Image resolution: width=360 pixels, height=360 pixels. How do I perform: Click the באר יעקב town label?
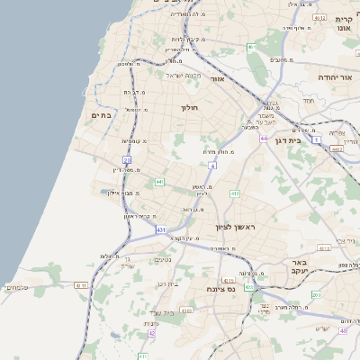[299, 267]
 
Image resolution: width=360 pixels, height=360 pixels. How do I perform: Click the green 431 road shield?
[161, 230]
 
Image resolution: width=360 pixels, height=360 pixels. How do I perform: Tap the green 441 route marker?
[159, 182]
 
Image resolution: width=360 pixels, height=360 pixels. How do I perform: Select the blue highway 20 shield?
[128, 161]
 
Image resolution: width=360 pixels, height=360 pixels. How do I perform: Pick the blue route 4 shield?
[212, 166]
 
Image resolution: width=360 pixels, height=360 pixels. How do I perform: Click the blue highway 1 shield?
[317, 139]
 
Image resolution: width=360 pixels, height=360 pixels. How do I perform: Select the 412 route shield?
[235, 193]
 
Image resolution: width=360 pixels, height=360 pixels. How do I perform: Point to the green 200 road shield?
[316, 294]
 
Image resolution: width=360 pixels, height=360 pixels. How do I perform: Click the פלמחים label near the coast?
[17, 288]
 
